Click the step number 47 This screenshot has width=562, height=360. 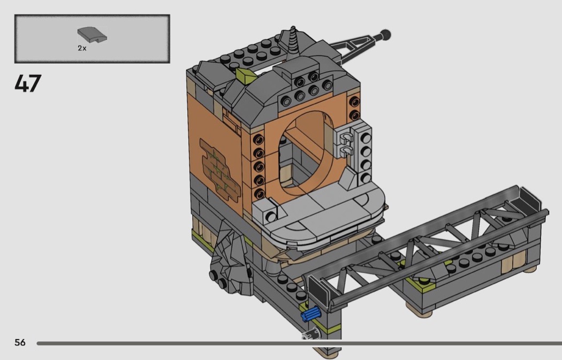28,83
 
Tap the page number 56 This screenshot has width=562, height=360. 20,342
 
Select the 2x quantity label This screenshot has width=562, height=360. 82,48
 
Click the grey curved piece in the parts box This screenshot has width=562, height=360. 92,34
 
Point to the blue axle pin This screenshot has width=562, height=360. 310,314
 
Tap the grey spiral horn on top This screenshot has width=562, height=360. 293,41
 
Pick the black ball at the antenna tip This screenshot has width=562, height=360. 386,35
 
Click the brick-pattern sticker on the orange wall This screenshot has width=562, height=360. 220,168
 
